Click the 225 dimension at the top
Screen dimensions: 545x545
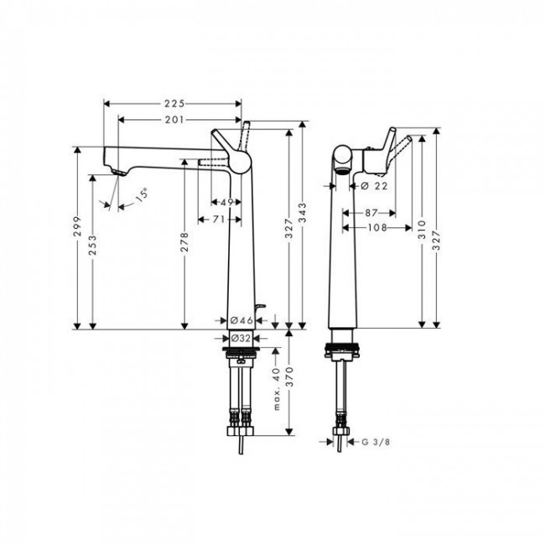(x=174, y=104)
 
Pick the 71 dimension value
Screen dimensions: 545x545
(x=215, y=219)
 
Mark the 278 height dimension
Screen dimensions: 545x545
(x=184, y=242)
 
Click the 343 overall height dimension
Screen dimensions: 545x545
(x=303, y=221)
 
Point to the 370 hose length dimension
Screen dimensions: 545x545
(x=289, y=381)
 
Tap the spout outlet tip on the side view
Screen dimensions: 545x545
(x=117, y=171)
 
